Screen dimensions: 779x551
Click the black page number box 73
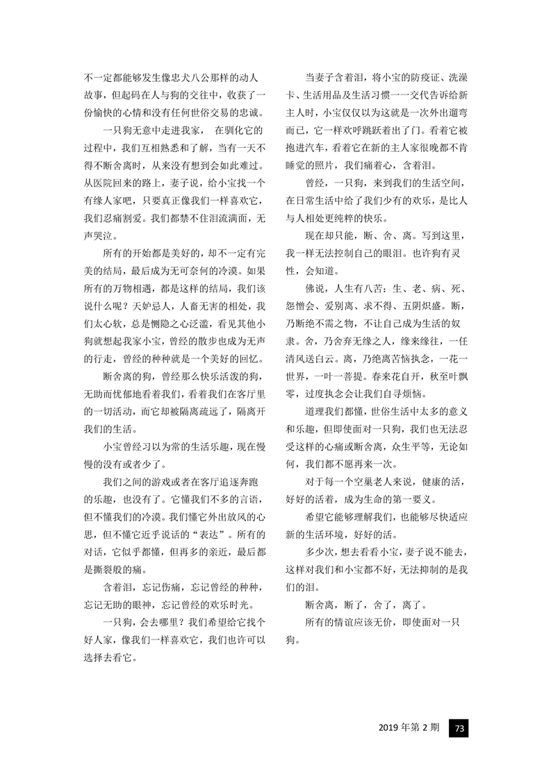(459, 728)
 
